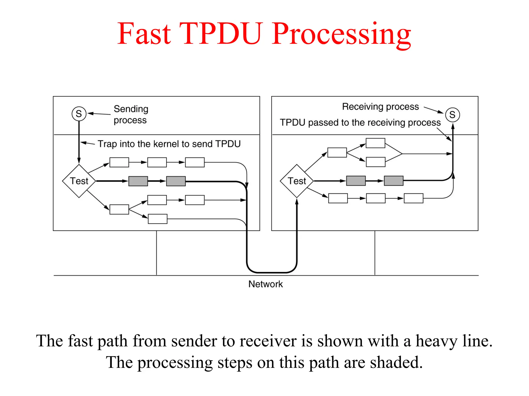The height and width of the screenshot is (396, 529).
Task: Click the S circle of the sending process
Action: pyautogui.click(x=79, y=114)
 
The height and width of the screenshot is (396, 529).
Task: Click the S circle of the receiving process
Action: pyautogui.click(x=452, y=115)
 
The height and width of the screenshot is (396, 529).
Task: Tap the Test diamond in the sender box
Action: pyautogui.click(x=79, y=181)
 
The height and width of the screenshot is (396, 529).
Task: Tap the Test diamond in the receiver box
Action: pyautogui.click(x=297, y=181)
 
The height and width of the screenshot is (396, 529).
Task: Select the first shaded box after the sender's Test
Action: pyautogui.click(x=138, y=181)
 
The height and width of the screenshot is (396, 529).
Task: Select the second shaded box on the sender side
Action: pyautogui.click(x=176, y=181)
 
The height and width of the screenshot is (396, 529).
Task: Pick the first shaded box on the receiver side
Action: pyautogui.click(x=356, y=181)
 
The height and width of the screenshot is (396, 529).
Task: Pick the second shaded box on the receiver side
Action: pyautogui.click(x=394, y=181)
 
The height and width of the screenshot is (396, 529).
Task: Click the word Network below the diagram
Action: pyautogui.click(x=265, y=284)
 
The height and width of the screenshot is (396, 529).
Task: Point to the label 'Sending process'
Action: pyautogui.click(x=131, y=114)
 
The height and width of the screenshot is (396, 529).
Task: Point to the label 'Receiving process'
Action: pyautogui.click(x=380, y=107)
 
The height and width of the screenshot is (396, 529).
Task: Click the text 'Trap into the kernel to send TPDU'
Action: pyautogui.click(x=169, y=144)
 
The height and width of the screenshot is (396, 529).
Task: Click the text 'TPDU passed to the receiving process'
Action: pyautogui.click(x=360, y=122)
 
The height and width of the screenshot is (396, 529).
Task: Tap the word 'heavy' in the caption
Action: pyautogui.click(x=436, y=341)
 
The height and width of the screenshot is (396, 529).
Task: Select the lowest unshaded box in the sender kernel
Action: pyautogui.click(x=158, y=219)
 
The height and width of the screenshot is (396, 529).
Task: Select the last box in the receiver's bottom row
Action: pyautogui.click(x=414, y=198)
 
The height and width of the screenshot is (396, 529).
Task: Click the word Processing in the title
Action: pyautogui.click(x=341, y=34)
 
